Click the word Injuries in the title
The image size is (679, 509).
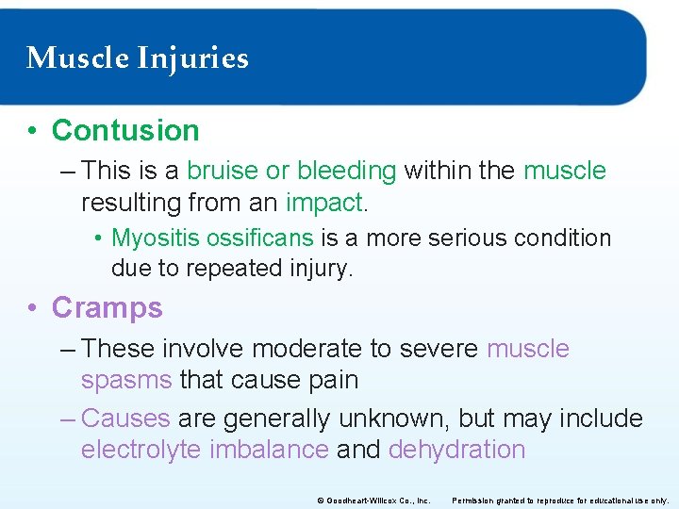tap(192, 58)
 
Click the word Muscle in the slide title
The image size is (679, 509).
tap(77, 58)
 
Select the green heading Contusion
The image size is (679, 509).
tap(125, 130)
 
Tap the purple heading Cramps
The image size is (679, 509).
tap(107, 307)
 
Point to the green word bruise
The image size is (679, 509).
tap(222, 171)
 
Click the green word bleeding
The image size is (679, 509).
tap(346, 171)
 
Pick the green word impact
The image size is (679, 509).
tap(324, 203)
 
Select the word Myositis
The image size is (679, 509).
tap(147, 238)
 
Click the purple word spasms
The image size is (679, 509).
tap(126, 381)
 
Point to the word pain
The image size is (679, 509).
tap(337, 381)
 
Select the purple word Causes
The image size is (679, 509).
tap(125, 418)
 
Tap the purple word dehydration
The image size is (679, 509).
tap(456, 450)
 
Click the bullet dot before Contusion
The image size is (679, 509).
tap(33, 131)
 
